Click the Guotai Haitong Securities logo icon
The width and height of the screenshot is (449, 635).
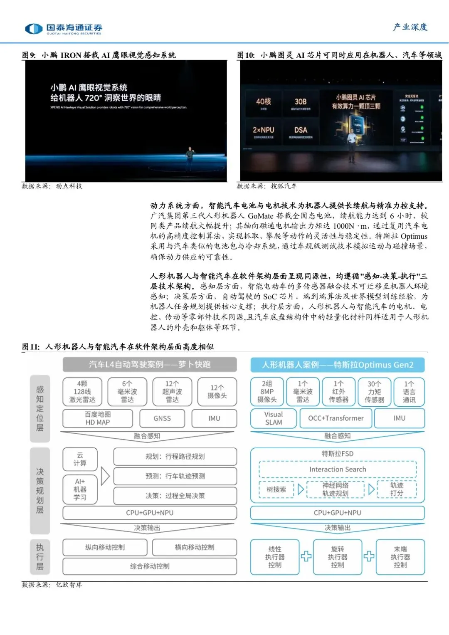point(34,28)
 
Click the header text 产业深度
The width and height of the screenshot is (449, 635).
point(410,27)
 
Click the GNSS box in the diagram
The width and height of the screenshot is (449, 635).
point(162,418)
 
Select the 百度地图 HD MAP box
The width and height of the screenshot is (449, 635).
point(98,418)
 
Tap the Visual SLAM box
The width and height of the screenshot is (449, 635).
point(273,418)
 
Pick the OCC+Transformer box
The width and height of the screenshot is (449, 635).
point(336,418)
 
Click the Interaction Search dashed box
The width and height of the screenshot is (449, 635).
point(338,469)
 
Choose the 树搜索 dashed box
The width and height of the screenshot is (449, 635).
point(276,489)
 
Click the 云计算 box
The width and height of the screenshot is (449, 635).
point(80,459)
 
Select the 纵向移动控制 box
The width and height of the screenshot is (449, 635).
point(105,547)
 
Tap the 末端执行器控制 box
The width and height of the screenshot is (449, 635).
point(400,557)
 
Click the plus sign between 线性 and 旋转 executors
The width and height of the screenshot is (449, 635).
point(306,556)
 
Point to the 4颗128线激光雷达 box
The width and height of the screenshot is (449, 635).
point(82,392)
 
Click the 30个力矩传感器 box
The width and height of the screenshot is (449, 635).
point(374,392)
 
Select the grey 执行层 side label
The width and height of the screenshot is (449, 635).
point(40,557)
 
